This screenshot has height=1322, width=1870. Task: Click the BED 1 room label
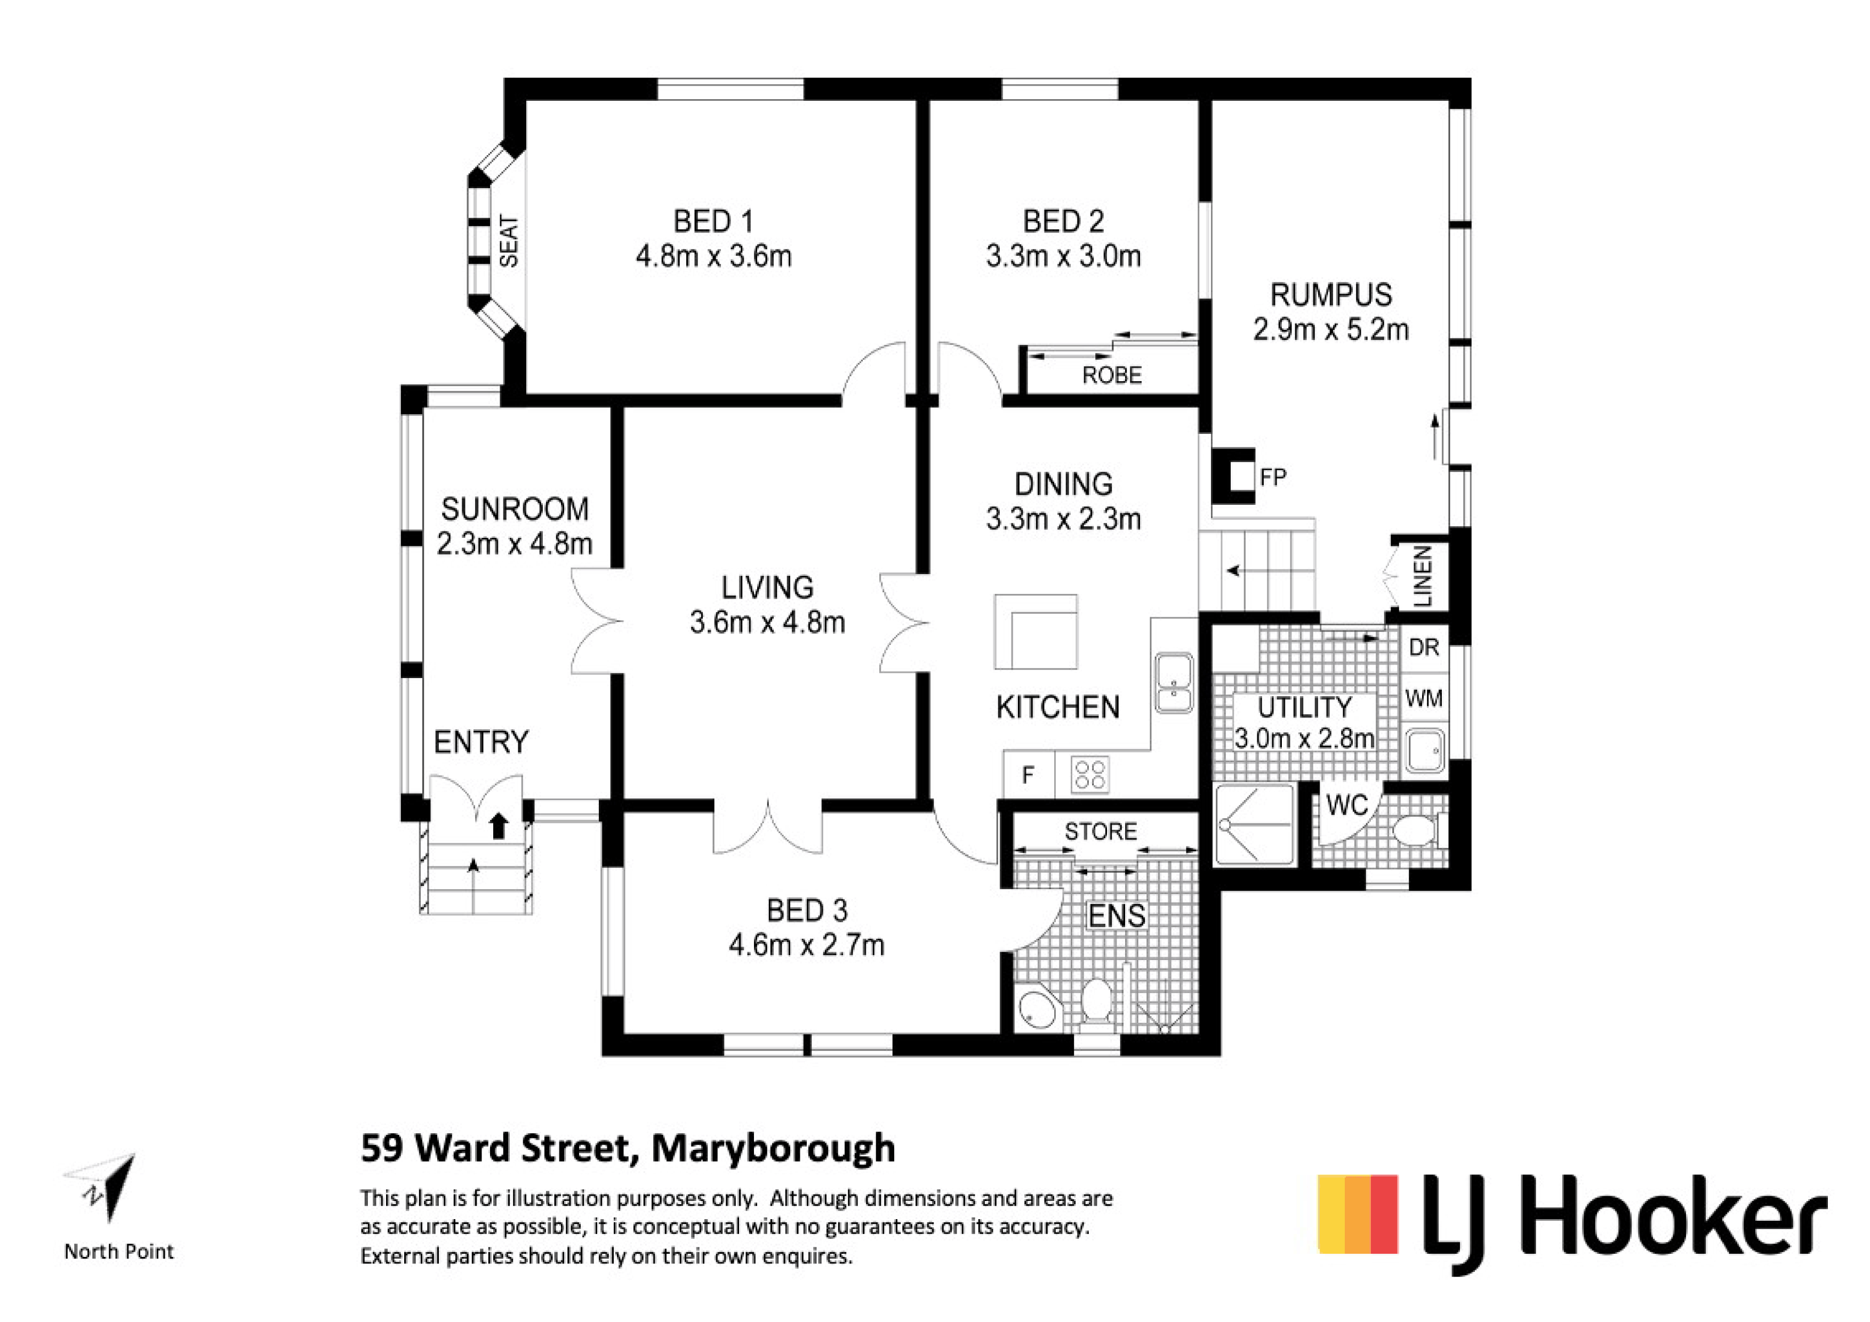[713, 221]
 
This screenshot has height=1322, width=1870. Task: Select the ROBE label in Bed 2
[1112, 375]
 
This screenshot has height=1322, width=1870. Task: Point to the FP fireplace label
[1273, 477]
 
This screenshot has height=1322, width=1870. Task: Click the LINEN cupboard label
[1423, 576]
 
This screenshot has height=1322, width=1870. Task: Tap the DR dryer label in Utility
[1424, 647]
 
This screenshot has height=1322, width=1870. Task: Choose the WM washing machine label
[1424, 698]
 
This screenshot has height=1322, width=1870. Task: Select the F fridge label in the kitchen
[1028, 775]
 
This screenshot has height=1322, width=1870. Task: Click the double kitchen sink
[1174, 684]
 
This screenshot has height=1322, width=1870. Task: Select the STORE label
[1101, 831]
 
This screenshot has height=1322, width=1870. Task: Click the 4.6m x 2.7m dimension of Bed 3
[806, 945]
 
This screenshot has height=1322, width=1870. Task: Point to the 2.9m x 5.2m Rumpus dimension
[1331, 329]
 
